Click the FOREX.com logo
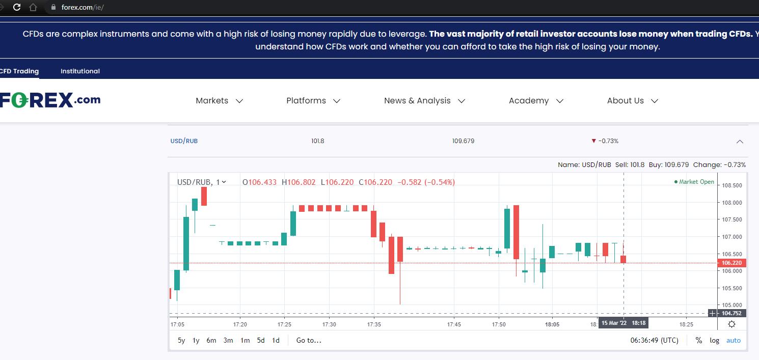[50, 100]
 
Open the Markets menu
[219, 101]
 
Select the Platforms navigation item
[313, 101]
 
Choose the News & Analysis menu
[424, 101]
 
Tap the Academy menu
[536, 101]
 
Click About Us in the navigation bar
[633, 101]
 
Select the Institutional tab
[80, 71]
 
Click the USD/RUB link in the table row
[184, 141]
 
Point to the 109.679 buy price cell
[463, 141]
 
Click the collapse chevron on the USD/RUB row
[740, 142]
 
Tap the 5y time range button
[181, 340]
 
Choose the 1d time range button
[276, 340]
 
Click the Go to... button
[309, 340]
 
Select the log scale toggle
[714, 340]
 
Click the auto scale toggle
[733, 340]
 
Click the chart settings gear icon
[732, 324]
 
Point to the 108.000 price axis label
[732, 203]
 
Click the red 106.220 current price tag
[731, 263]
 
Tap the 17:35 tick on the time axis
[374, 324]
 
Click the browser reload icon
[17, 7]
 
